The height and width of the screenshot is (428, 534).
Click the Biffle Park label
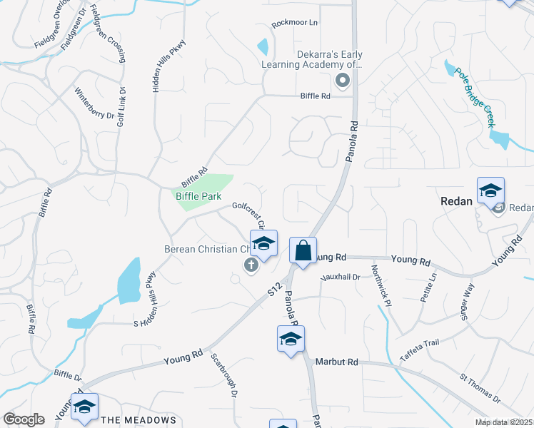point(198,196)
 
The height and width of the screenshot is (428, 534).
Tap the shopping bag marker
point(303,251)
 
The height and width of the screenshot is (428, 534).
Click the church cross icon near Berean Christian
point(250,265)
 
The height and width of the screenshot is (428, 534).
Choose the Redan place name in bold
point(456,201)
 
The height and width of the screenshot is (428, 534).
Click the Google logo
point(24,419)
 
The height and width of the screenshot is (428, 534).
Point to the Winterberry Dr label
point(94,104)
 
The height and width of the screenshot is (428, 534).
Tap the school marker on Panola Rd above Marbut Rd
point(291,340)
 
